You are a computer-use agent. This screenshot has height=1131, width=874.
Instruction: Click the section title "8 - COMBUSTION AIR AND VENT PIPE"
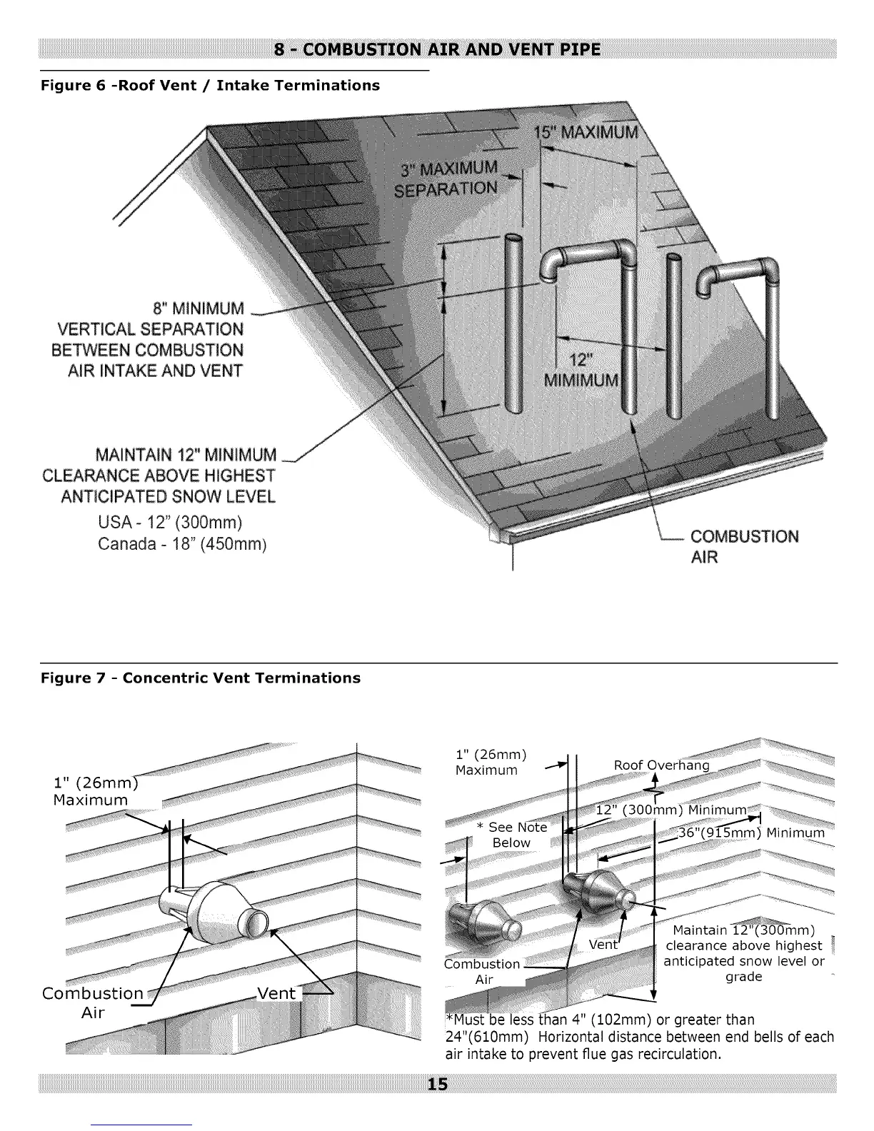pyautogui.click(x=437, y=49)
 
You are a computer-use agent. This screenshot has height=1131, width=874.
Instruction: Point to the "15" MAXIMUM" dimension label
pyautogui.click(x=586, y=133)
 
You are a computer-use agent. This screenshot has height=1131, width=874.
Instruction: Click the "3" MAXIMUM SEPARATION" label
pyautogui.click(x=448, y=179)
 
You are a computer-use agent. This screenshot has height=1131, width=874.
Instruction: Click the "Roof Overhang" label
pyautogui.click(x=662, y=765)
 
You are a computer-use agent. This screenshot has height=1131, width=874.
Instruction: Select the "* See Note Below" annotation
pyautogui.click(x=512, y=835)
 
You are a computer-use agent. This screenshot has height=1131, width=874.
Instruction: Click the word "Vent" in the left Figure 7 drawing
pyautogui.click(x=276, y=993)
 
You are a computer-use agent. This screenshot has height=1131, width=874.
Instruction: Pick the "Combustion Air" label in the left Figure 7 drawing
pyautogui.click(x=93, y=1002)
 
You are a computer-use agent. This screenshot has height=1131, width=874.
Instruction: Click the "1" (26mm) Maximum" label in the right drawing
pyautogui.click(x=491, y=762)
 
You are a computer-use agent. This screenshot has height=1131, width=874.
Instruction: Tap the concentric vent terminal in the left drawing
pyautogui.click(x=214, y=918)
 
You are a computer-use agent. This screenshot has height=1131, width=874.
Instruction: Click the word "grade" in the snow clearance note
pyautogui.click(x=743, y=976)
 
